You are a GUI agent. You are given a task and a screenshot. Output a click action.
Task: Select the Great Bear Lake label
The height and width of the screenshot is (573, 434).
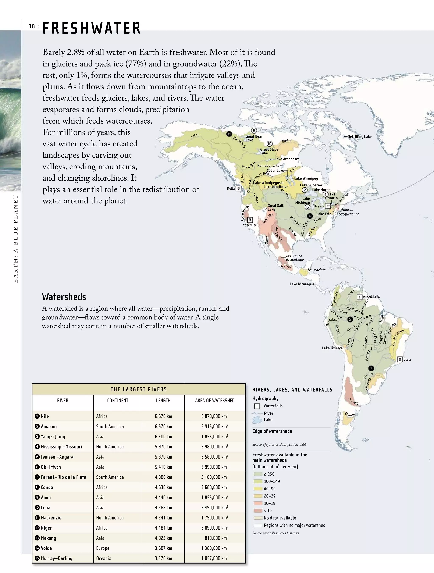(254, 138)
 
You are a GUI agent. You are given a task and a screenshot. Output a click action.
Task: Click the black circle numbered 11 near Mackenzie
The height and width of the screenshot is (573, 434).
(229, 134)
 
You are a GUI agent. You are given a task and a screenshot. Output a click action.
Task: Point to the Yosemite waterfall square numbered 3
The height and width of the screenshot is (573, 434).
(250, 220)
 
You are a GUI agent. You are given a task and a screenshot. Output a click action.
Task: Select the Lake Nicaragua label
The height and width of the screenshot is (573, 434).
(301, 284)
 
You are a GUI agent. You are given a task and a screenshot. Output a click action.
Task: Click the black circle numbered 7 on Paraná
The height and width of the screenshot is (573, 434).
(371, 368)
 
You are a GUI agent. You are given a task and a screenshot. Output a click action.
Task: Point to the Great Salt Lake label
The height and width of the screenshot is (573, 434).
(275, 207)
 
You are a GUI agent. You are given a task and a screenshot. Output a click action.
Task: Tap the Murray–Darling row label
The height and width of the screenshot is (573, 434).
(57, 558)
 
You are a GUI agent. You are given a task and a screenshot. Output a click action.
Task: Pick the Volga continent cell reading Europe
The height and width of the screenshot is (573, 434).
(103, 548)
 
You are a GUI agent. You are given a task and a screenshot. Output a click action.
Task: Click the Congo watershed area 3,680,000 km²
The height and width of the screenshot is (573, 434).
(214, 487)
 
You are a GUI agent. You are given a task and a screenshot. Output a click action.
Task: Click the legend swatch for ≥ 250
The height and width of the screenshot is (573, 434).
(258, 474)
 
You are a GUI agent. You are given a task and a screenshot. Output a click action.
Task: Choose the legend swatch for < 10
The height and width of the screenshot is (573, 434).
(258, 510)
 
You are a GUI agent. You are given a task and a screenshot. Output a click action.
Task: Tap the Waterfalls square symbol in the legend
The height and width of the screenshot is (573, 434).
(257, 406)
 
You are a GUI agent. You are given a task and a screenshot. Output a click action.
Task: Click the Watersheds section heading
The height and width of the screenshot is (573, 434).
(64, 297)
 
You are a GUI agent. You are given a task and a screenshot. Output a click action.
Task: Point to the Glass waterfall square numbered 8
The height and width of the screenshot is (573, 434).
(400, 359)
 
